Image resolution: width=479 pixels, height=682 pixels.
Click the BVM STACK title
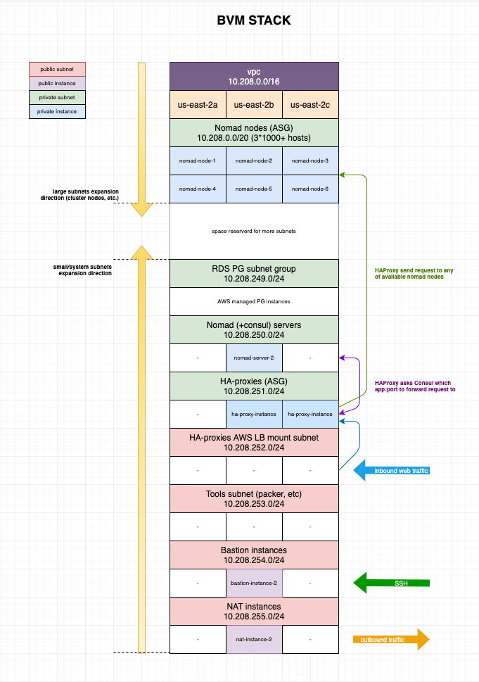[254, 20]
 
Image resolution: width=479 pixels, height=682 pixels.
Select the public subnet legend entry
[57, 69]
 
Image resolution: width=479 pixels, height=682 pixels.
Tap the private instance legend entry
[57, 111]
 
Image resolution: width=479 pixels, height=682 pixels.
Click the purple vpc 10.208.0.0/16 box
[254, 77]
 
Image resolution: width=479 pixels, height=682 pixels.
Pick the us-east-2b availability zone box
[254, 104]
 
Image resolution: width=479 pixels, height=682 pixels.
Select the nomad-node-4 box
[198, 189]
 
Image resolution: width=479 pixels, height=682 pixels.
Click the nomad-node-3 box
[310, 160]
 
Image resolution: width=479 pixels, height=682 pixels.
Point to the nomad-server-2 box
[254, 358]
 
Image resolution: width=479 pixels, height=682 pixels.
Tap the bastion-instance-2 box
[254, 583]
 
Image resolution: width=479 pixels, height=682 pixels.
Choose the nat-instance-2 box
[254, 639]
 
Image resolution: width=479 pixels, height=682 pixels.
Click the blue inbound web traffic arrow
[391, 471]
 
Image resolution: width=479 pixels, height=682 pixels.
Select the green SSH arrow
[391, 583]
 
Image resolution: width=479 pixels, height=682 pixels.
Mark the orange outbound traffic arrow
[391, 639]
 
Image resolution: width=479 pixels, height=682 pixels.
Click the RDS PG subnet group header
[254, 274]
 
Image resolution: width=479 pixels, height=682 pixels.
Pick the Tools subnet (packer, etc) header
[254, 499]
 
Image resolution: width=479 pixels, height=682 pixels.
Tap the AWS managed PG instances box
[254, 301]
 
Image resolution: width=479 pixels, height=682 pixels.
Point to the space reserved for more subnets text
[254, 231]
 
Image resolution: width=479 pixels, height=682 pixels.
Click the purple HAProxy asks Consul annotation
[415, 386]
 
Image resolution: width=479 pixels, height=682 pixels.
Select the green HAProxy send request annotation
[414, 274]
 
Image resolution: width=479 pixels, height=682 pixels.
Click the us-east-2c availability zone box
[310, 104]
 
